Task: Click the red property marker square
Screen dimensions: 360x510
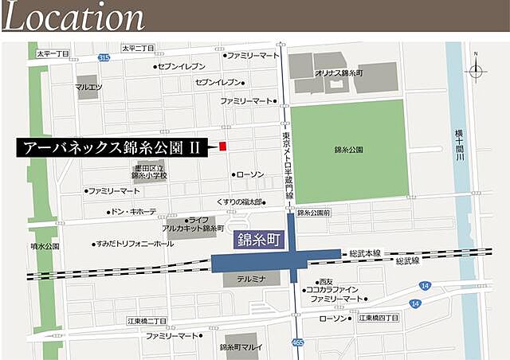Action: click(x=223, y=147)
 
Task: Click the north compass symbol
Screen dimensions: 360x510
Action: click(x=476, y=70)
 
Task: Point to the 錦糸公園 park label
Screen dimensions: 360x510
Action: click(x=349, y=149)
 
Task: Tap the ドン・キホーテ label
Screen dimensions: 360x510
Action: click(x=134, y=212)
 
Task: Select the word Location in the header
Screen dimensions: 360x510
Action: click(x=73, y=17)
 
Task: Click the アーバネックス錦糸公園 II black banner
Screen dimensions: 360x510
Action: click(x=112, y=147)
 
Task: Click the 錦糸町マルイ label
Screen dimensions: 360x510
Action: click(x=242, y=347)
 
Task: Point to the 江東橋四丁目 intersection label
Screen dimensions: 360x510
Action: click(x=378, y=319)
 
